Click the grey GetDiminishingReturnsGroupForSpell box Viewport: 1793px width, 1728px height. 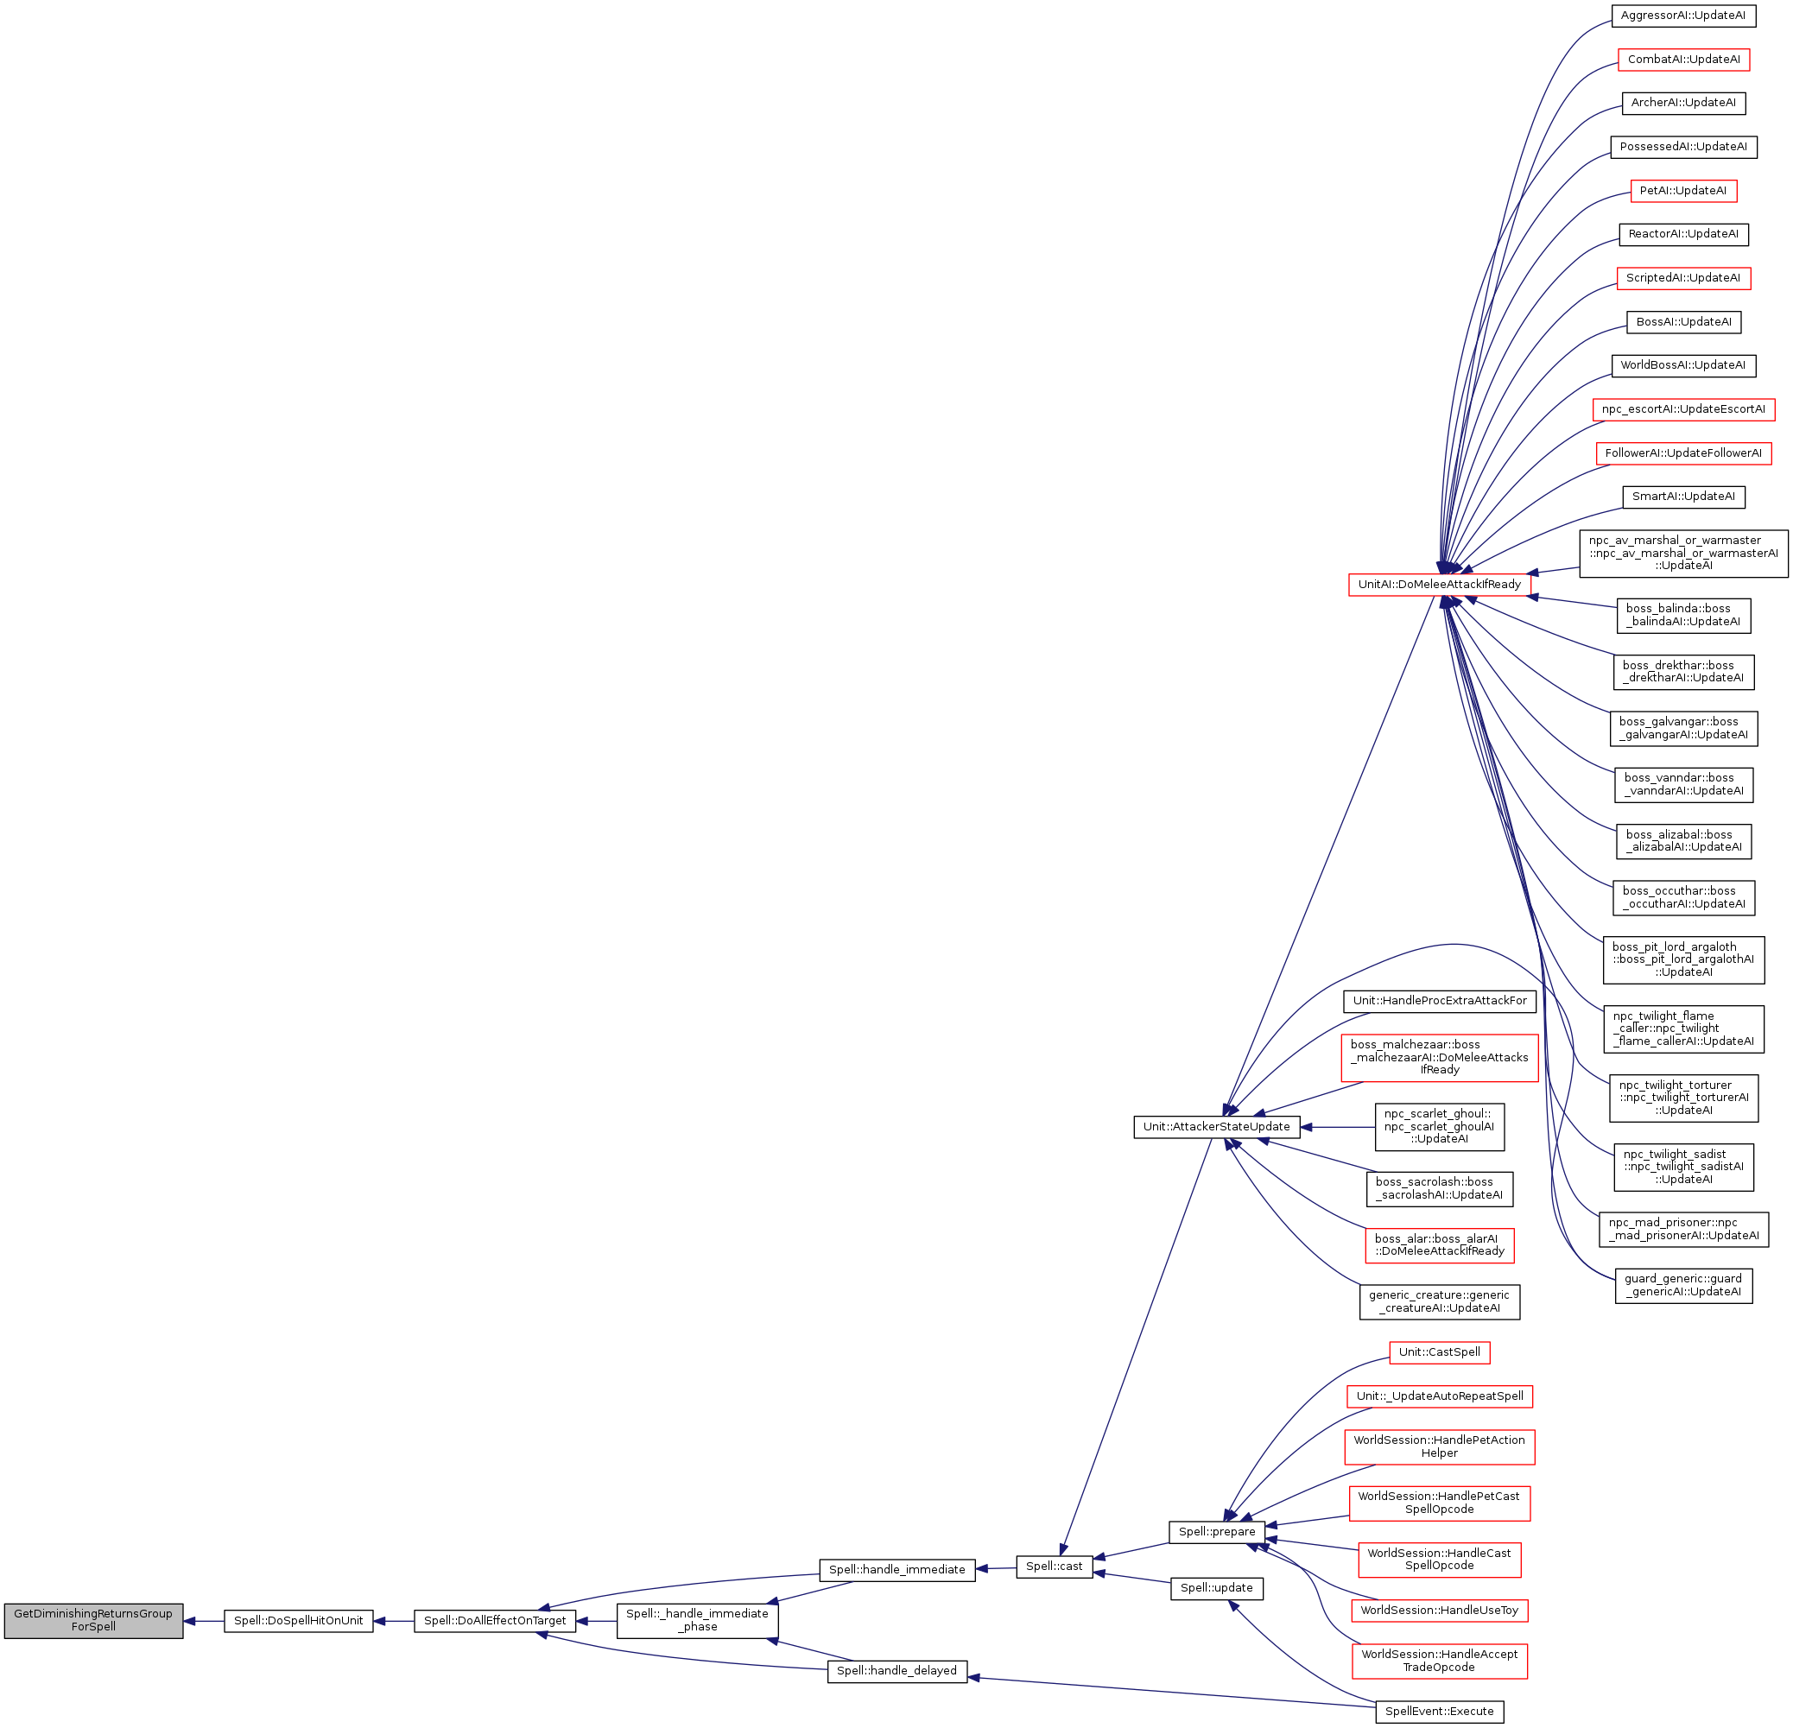click(93, 1620)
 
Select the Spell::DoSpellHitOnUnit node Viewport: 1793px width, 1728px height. click(298, 1620)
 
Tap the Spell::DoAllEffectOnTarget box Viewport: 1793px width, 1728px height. click(495, 1620)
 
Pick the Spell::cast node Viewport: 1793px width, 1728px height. click(1054, 1567)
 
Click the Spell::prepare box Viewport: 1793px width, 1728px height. click(1217, 1531)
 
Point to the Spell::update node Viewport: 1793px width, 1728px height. click(1217, 1588)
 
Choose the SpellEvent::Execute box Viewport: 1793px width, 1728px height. click(1439, 1711)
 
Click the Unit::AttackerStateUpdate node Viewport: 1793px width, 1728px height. click(1217, 1127)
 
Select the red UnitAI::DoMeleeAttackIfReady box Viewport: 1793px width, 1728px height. click(1439, 585)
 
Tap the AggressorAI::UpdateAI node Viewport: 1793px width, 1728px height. click(1683, 16)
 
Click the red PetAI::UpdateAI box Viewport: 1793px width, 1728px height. click(1683, 190)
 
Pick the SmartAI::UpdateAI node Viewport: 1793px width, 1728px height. click(1683, 497)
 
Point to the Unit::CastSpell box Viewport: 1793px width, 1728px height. click(1439, 1352)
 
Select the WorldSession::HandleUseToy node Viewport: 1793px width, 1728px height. click(1439, 1610)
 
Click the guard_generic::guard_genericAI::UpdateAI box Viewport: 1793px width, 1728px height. click(1683, 1285)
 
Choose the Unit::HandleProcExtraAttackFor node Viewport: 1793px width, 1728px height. click(1439, 1001)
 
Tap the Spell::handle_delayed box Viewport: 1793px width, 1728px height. click(896, 1670)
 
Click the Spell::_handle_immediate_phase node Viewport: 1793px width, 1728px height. click(697, 1620)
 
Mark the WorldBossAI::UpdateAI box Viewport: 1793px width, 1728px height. click(1683, 365)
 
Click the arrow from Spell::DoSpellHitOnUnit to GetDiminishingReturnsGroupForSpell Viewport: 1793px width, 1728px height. click(204, 1621)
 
